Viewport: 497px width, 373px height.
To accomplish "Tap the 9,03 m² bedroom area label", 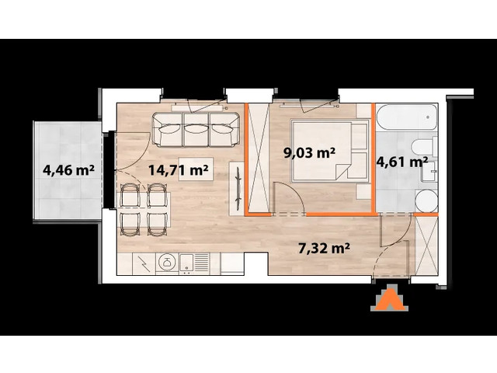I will tap(308, 153).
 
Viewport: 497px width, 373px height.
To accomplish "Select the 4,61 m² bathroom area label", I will tap(401, 162).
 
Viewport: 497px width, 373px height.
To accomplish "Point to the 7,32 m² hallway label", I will tap(322, 249).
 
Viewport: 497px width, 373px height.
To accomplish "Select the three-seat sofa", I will tap(196, 129).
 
